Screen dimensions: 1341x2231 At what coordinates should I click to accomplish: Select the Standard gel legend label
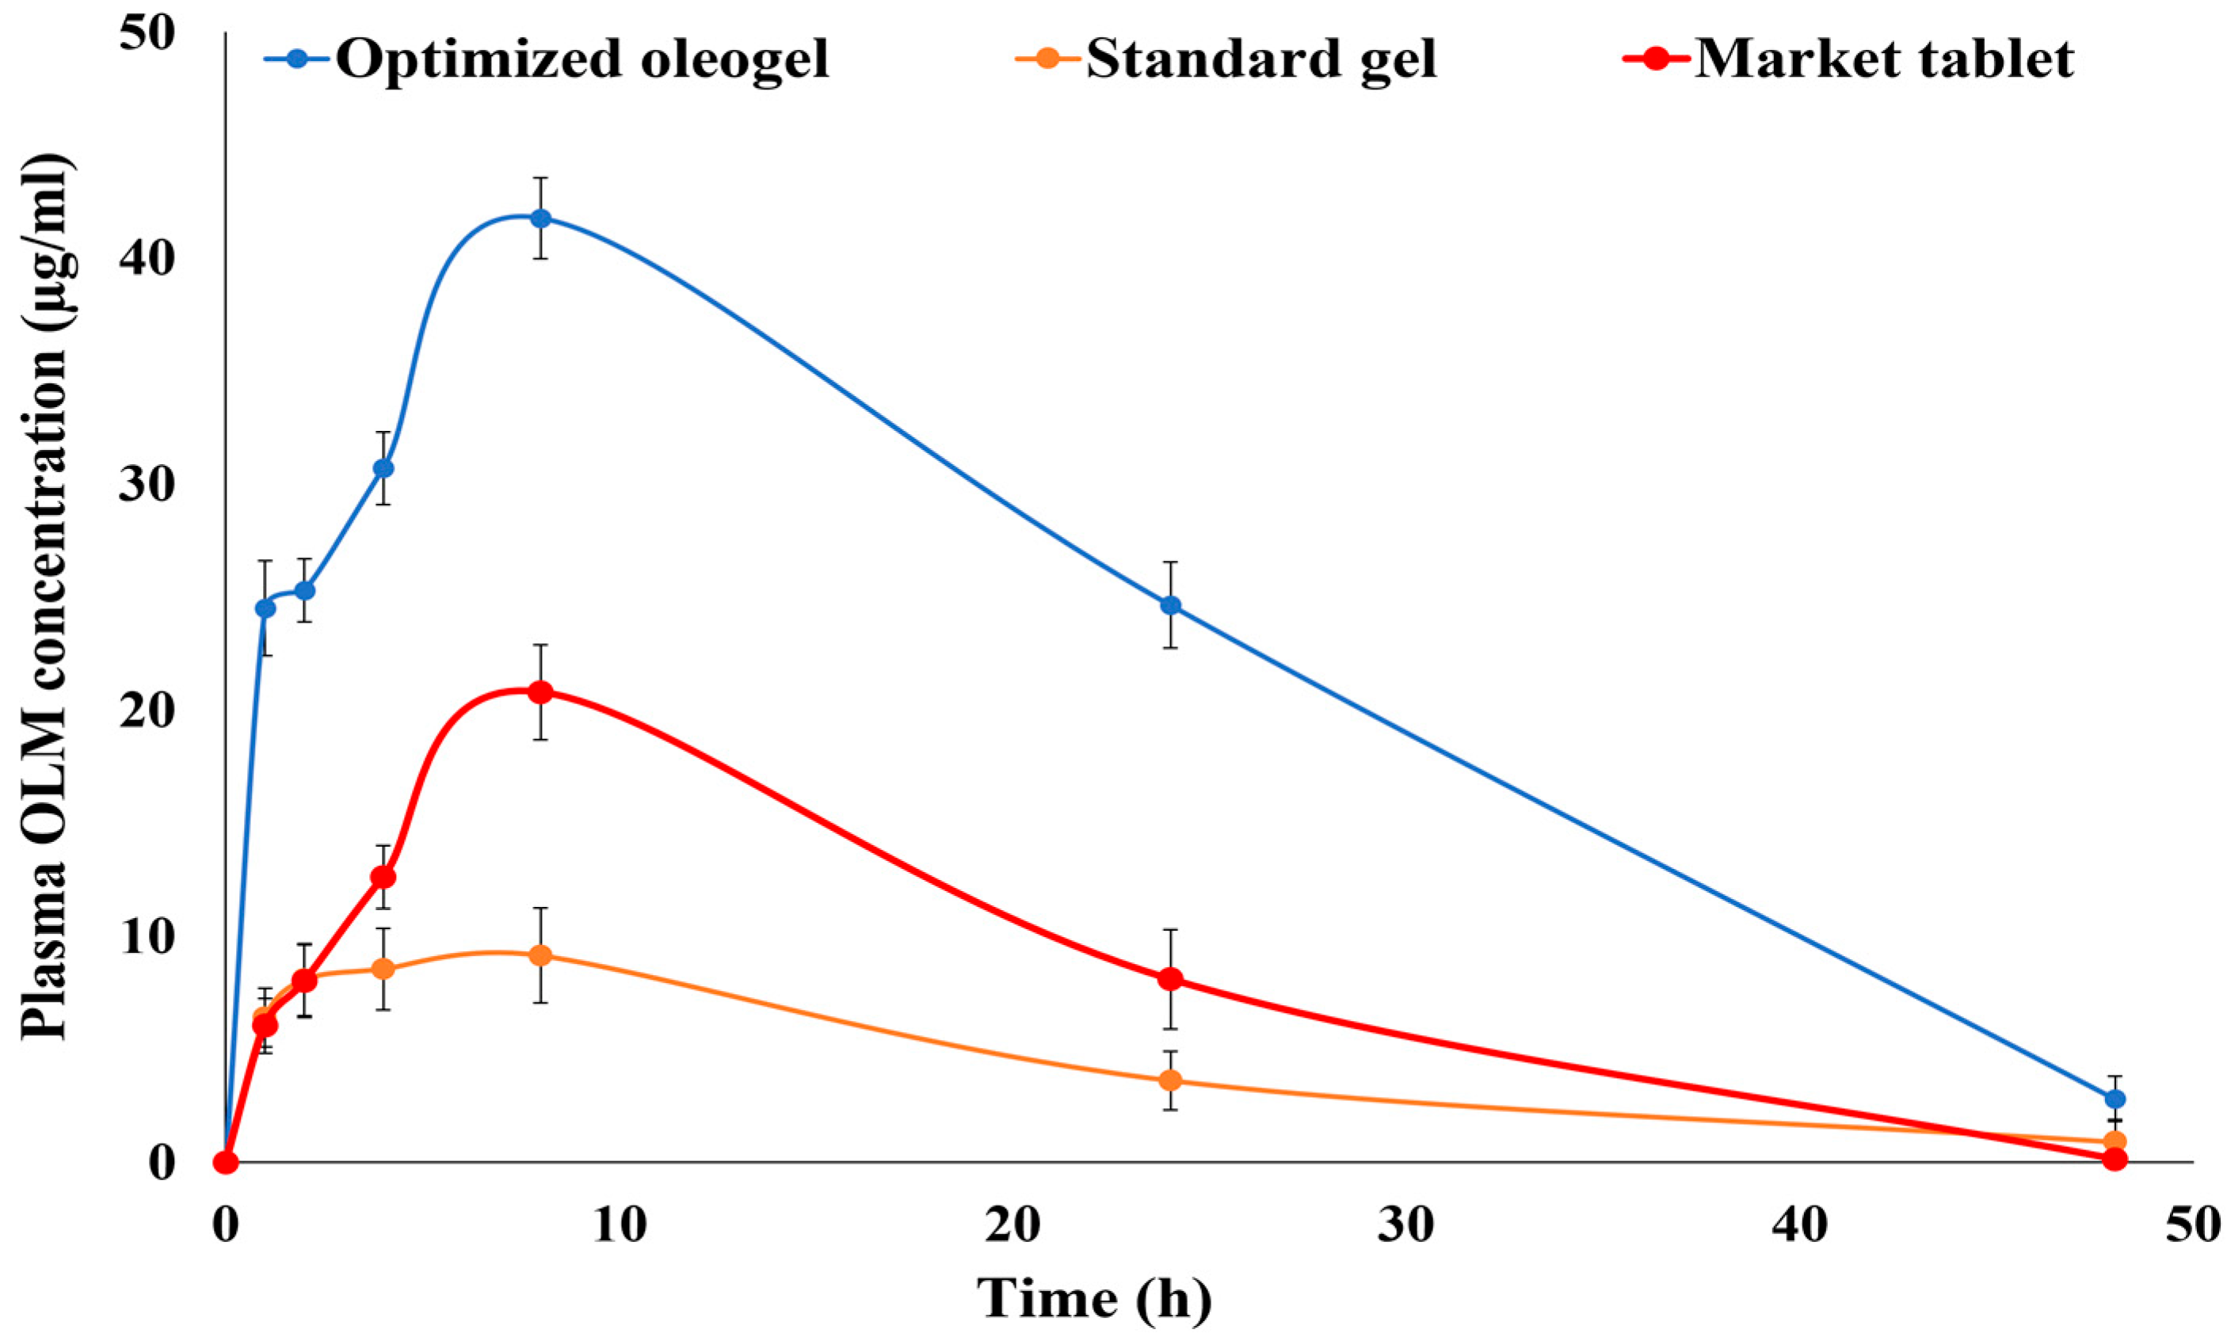[x=1260, y=59]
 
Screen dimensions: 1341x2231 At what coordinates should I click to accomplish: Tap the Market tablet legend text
[x=1884, y=59]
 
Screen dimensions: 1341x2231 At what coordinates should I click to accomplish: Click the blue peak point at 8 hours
[x=540, y=218]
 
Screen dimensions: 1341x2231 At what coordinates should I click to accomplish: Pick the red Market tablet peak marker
[x=540, y=693]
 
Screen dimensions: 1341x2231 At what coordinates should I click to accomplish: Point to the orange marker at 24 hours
[x=1170, y=1080]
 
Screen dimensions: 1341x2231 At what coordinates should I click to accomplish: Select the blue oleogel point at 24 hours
[x=1170, y=605]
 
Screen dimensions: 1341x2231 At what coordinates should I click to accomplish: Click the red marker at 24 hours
[x=1170, y=980]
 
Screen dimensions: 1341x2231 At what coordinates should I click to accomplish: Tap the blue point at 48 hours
[x=2115, y=1099]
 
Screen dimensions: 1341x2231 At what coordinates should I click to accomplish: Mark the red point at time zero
[x=226, y=1162]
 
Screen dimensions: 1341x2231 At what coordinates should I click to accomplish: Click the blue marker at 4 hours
[x=383, y=468]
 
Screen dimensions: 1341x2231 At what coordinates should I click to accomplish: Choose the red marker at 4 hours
[x=383, y=877]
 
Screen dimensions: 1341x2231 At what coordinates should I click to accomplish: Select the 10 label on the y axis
[x=147, y=938]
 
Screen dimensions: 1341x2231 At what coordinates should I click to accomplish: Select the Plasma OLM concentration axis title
[x=45, y=596]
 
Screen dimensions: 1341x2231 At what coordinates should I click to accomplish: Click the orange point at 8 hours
[x=540, y=956]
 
